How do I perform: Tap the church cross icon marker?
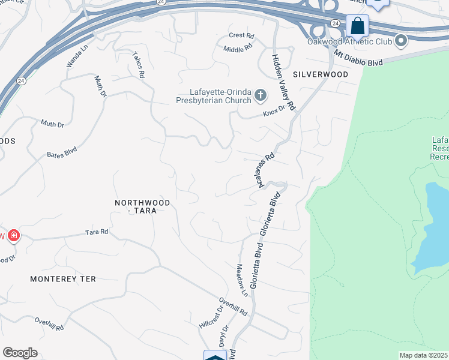(x=261, y=95)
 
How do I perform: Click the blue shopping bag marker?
(x=358, y=26)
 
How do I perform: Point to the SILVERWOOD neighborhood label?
(x=321, y=74)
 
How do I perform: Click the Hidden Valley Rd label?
(x=284, y=82)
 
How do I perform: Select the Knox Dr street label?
(x=273, y=113)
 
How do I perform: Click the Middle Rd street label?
(x=237, y=49)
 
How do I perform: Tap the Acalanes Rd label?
(x=267, y=169)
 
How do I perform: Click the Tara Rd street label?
(x=96, y=232)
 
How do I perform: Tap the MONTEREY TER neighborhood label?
(x=63, y=279)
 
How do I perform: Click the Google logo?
(x=20, y=353)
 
